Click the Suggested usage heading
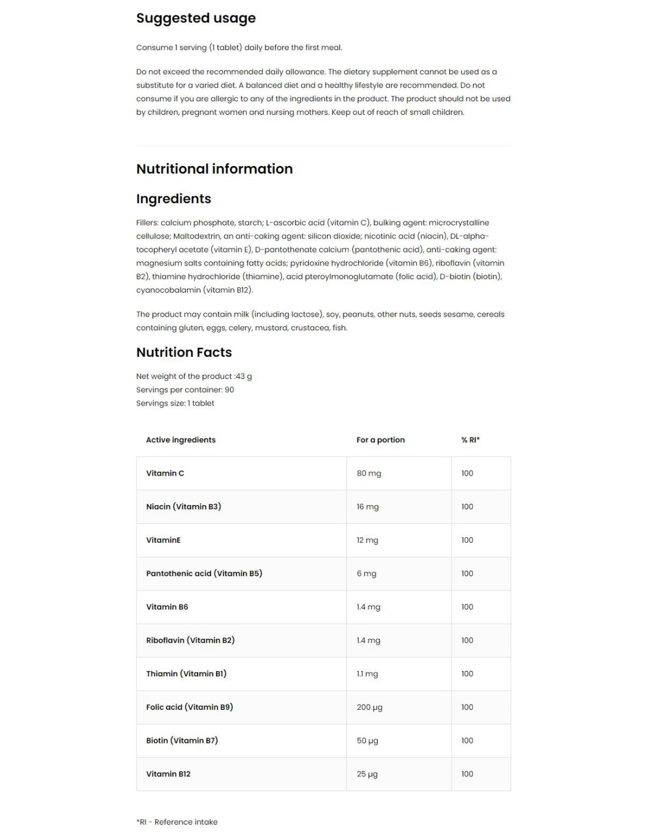[196, 18]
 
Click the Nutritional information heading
[214, 169]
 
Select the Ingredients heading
[174, 199]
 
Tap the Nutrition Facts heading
[184, 353]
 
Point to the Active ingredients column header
[181, 440]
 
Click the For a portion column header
[380, 440]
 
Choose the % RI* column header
[470, 440]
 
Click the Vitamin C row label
[165, 473]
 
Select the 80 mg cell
[369, 473]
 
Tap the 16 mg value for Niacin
[368, 507]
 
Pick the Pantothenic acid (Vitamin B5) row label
[204, 573]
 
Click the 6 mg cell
[366, 574]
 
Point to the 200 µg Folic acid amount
[369, 708]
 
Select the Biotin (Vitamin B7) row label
[182, 740]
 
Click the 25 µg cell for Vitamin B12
[367, 774]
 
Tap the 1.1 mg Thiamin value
[367, 674]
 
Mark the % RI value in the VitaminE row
[467, 540]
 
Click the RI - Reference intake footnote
[177, 822]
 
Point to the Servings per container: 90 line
[185, 390]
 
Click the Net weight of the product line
[194, 376]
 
